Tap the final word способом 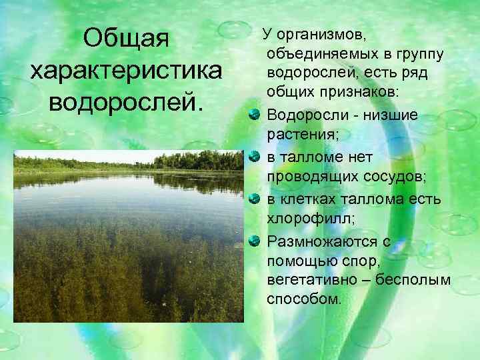pos(303,300)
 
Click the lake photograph pos(129,237)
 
